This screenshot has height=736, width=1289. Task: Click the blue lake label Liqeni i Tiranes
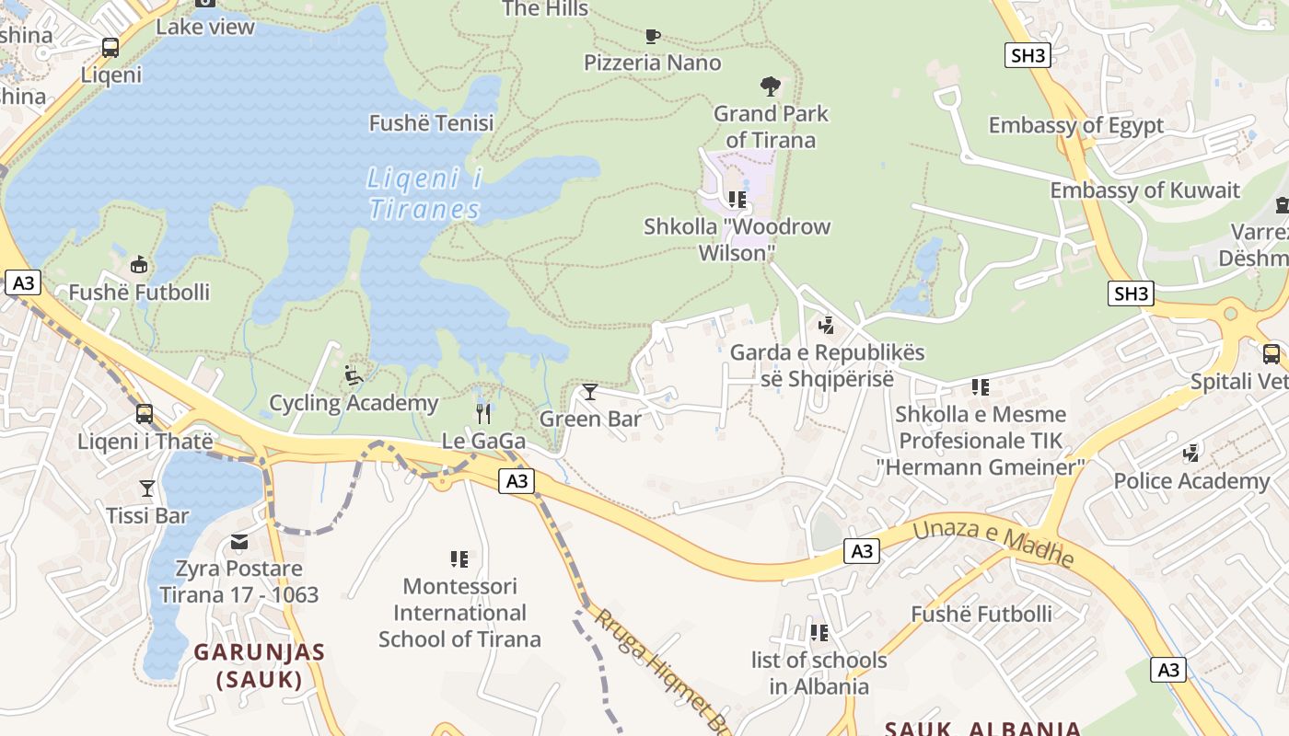pyautogui.click(x=424, y=193)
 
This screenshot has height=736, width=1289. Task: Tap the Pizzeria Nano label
pyautogui.click(x=652, y=63)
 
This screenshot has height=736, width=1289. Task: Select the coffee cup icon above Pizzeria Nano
pyautogui.click(x=652, y=36)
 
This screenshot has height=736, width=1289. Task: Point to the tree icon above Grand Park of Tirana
pyautogui.click(x=771, y=86)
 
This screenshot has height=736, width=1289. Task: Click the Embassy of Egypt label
pyautogui.click(x=1075, y=125)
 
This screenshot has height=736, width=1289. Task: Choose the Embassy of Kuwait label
pyautogui.click(x=1144, y=190)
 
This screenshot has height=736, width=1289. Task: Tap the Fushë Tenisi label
pyautogui.click(x=431, y=122)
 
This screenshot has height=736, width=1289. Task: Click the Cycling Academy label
pyautogui.click(x=353, y=403)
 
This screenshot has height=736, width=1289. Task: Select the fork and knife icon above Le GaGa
pyautogui.click(x=483, y=413)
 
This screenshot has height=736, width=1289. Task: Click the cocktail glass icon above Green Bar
pyautogui.click(x=590, y=392)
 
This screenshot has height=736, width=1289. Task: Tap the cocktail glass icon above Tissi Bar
pyautogui.click(x=147, y=488)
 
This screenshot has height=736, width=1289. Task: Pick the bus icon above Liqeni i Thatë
pyautogui.click(x=145, y=414)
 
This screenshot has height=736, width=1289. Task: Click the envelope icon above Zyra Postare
pyautogui.click(x=239, y=542)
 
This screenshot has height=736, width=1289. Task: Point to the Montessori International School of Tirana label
pyautogui.click(x=459, y=612)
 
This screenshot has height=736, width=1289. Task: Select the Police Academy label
pyautogui.click(x=1190, y=480)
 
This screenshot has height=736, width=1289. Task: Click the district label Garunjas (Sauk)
pyautogui.click(x=260, y=666)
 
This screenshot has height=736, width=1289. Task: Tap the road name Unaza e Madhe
pyautogui.click(x=993, y=540)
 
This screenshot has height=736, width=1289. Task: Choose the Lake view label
pyautogui.click(x=204, y=26)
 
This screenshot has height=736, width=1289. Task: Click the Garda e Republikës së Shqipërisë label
pyautogui.click(x=827, y=365)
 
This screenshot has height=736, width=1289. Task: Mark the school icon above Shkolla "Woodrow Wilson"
pyautogui.click(x=737, y=199)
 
